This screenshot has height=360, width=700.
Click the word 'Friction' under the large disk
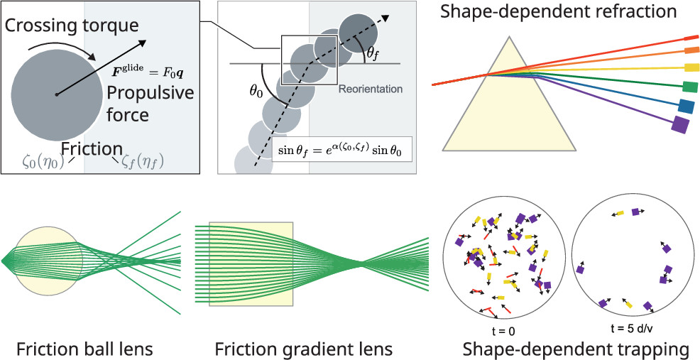pyautogui.click(x=92, y=148)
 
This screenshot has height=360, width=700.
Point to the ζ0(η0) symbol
pyautogui.click(x=41, y=160)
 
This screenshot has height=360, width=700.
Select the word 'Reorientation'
pyautogui.click(x=371, y=89)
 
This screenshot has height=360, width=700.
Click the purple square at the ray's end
pyautogui.click(x=680, y=126)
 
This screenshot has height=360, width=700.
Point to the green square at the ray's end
pyautogui.click(x=688, y=87)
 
